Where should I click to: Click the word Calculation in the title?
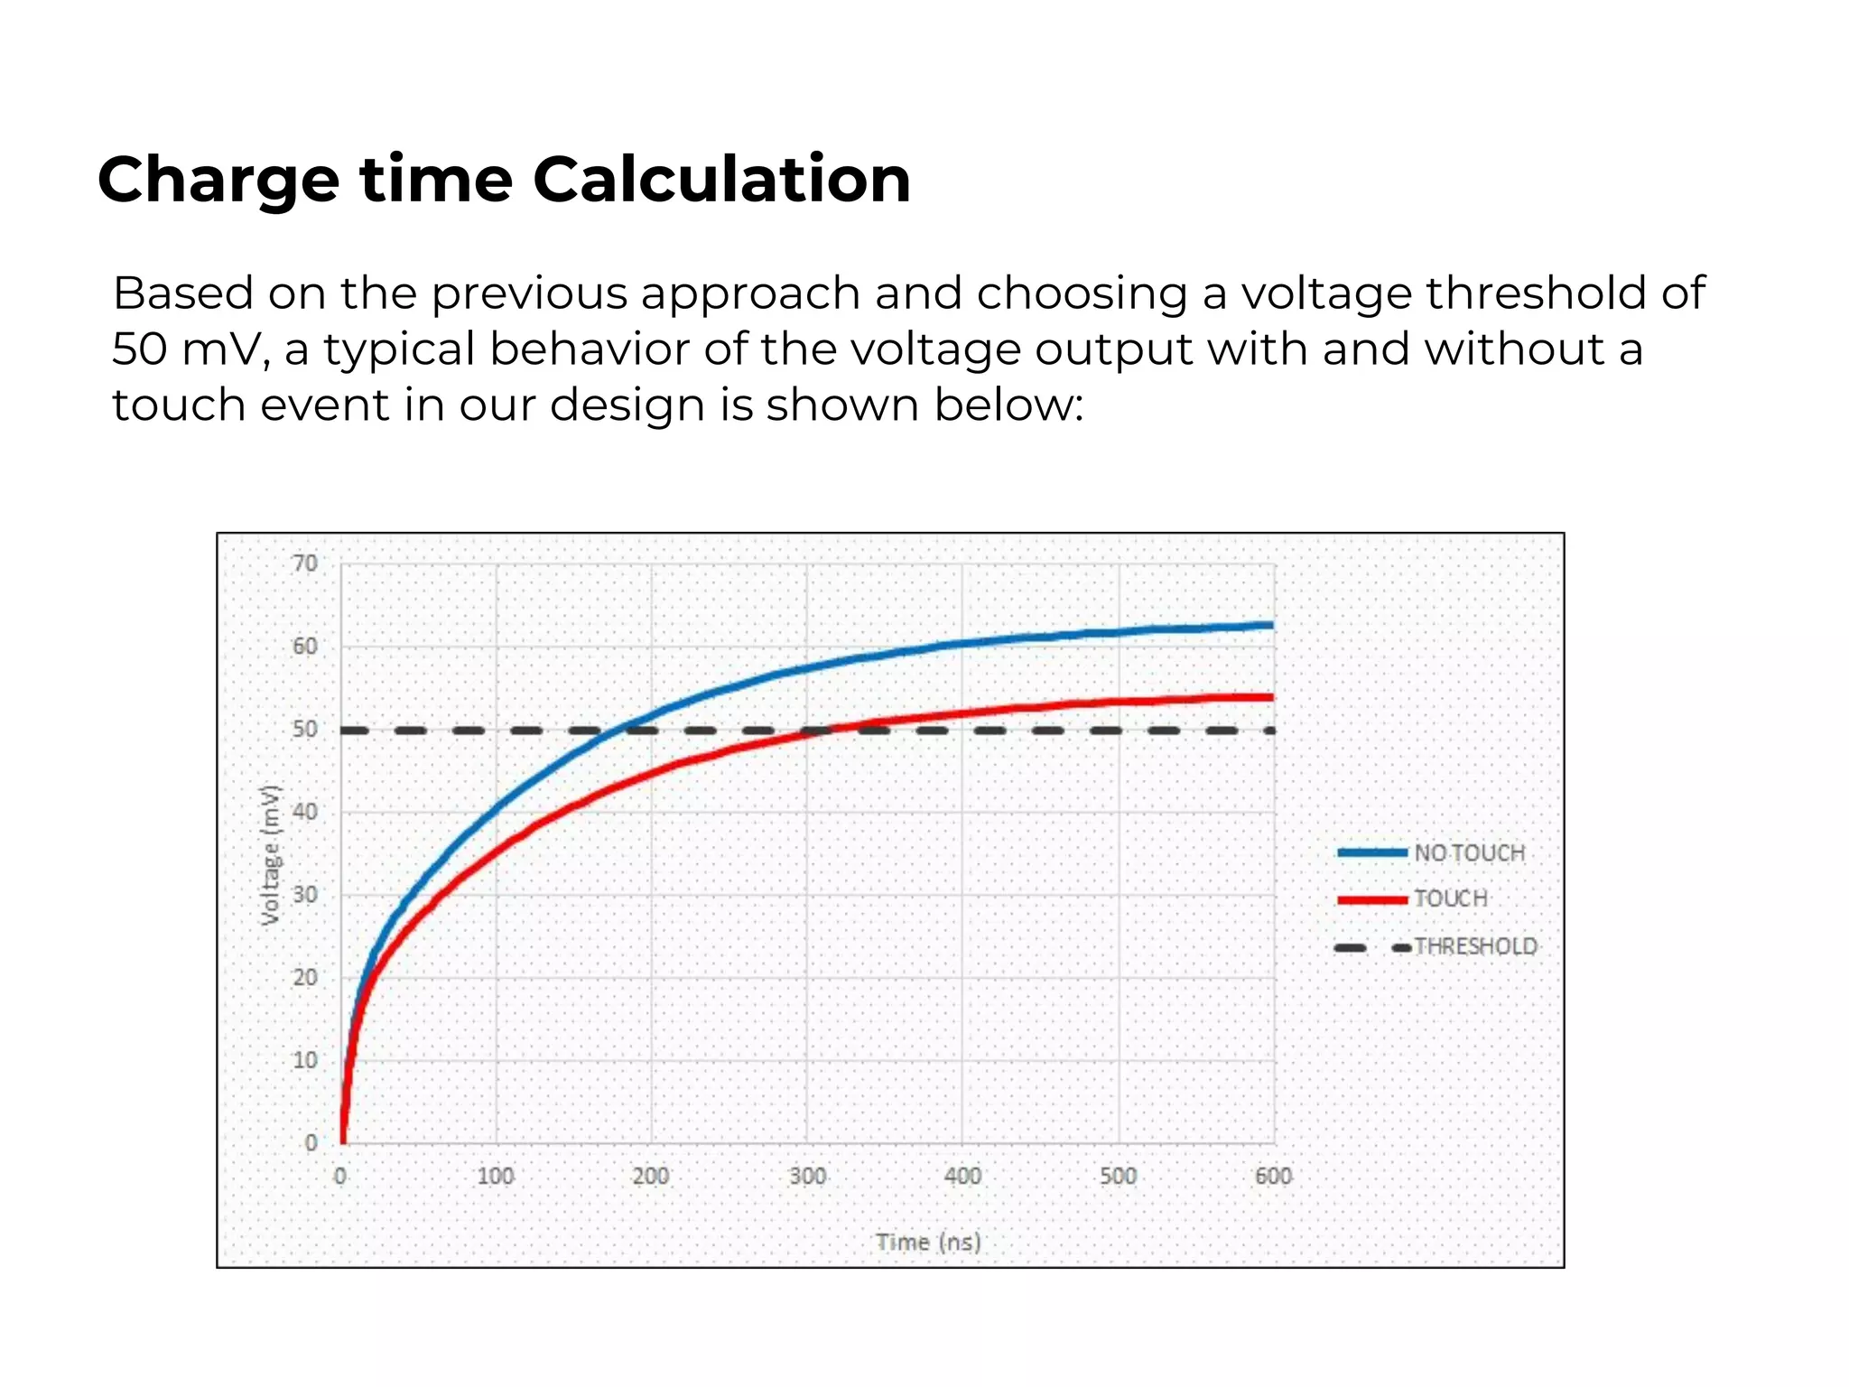(x=721, y=179)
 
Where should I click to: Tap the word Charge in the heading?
(x=218, y=179)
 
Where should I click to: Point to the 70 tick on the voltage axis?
(x=306, y=563)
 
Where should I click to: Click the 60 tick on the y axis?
(x=306, y=647)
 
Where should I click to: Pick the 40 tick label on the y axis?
(x=306, y=812)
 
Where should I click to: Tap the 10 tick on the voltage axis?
(x=306, y=1060)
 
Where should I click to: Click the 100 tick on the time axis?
(x=496, y=1176)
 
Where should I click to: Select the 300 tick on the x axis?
(x=807, y=1176)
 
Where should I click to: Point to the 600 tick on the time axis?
(x=1273, y=1176)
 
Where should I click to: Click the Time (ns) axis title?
(x=928, y=1243)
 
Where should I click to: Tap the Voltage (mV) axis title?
(x=270, y=854)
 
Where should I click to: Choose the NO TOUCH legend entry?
(x=1469, y=852)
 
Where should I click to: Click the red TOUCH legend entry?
(x=1450, y=898)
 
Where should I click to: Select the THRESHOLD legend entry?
(x=1475, y=946)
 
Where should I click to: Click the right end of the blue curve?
(x=1270, y=625)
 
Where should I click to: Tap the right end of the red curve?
(x=1270, y=697)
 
